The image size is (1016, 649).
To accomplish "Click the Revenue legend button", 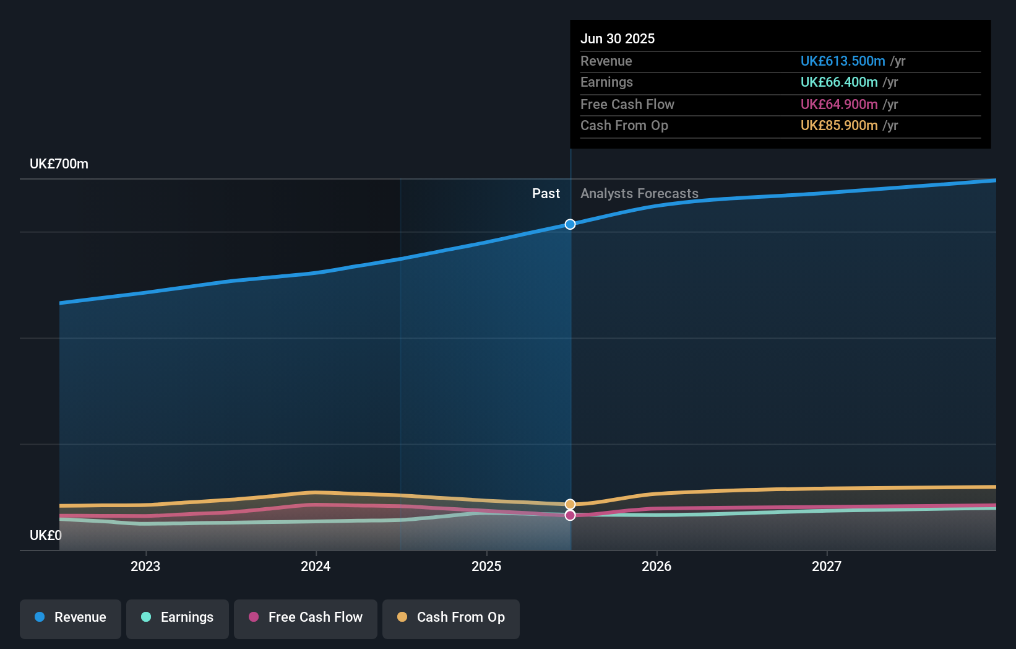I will tap(71, 618).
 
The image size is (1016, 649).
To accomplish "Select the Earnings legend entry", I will tap(178, 618).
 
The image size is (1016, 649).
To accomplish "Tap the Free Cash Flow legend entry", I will tap(306, 618).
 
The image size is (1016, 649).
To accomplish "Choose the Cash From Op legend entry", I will tap(451, 618).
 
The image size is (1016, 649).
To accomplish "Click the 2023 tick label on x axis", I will tap(145, 567).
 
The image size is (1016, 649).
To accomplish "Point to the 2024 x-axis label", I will tap(316, 567).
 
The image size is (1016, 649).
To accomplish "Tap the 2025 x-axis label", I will tap(486, 567).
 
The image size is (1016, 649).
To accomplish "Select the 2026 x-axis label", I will tap(657, 567).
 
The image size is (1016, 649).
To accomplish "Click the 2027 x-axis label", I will tap(827, 567).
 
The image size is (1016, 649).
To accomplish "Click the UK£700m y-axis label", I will tap(59, 164).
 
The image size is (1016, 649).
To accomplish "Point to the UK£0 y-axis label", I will tap(46, 536).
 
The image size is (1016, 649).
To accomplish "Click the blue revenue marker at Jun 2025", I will tap(570, 224).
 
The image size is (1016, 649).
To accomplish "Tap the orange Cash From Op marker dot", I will tap(570, 504).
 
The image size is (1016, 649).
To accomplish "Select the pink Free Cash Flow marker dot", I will tap(570, 515).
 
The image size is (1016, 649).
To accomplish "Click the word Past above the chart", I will tap(546, 194).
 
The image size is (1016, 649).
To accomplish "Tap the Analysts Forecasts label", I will tap(639, 194).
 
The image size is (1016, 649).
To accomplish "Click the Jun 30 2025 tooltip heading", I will tap(618, 39).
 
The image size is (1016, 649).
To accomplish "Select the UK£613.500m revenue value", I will tap(843, 61).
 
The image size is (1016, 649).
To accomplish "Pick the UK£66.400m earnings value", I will tap(839, 82).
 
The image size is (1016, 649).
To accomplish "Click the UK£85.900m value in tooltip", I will tap(839, 126).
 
